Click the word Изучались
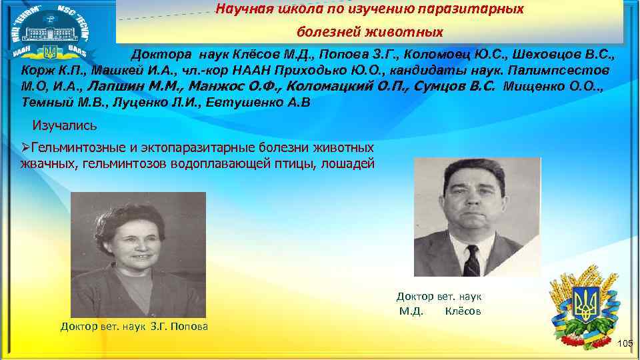click(65, 125)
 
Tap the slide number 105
click(625, 343)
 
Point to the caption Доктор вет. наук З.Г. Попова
click(134, 327)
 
